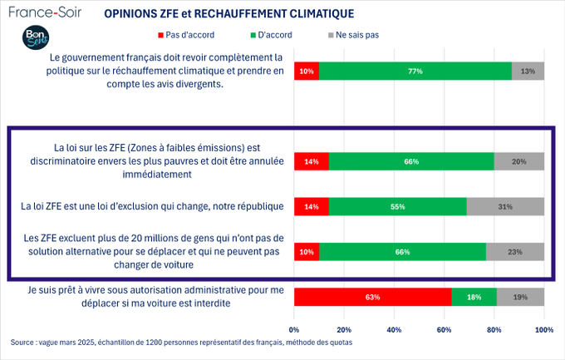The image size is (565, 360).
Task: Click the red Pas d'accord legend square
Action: [161, 35]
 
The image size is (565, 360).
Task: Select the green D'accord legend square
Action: [250, 35]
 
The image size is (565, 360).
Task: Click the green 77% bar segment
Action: [415, 71]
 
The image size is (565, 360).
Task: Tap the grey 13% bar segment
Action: [528, 71]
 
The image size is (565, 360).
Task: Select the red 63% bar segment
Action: [372, 297]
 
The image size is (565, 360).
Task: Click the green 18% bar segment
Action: [474, 297]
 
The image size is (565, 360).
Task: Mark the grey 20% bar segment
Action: [518, 161]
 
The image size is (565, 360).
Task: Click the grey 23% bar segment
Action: [514, 251]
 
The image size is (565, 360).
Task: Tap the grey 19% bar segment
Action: [520, 297]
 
